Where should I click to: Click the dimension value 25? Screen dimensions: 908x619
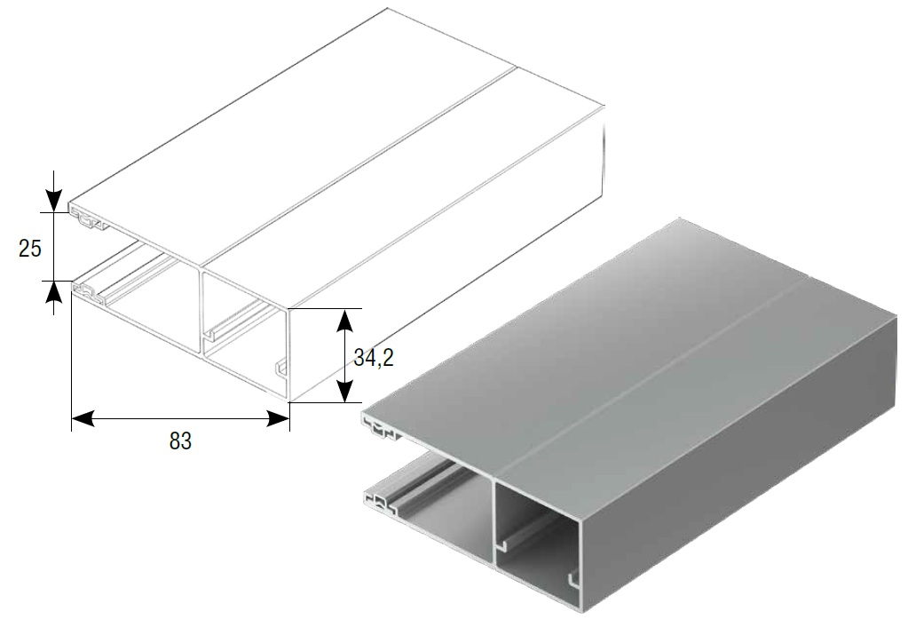pyautogui.click(x=30, y=249)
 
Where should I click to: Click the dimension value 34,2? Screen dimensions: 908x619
pyautogui.click(x=374, y=358)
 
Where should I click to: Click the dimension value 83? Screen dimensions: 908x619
pyautogui.click(x=180, y=441)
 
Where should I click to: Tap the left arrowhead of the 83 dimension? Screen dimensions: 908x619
pyautogui.click(x=83, y=418)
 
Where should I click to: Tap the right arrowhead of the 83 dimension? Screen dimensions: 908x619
pyautogui.click(x=278, y=418)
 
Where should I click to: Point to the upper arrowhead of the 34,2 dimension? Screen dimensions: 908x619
pyautogui.click(x=345, y=321)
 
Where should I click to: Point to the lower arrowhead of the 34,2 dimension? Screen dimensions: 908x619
pyautogui.click(x=345, y=390)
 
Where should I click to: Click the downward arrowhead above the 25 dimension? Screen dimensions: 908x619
pyautogui.click(x=53, y=201)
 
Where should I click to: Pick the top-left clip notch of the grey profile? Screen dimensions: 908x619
pyautogui.click(x=379, y=429)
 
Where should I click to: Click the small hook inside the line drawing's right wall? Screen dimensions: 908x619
pyautogui.click(x=281, y=369)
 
